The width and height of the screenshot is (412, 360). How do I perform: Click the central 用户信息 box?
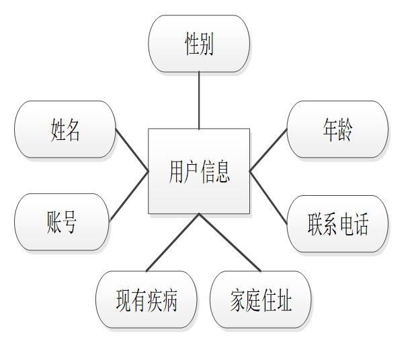click(199, 171)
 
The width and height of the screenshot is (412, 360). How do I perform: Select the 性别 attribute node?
click(199, 44)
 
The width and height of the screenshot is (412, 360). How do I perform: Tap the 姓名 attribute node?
click(65, 129)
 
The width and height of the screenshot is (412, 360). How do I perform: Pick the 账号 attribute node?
click(61, 222)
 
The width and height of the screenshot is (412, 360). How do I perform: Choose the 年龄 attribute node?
click(337, 129)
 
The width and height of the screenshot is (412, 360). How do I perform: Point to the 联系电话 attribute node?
click(337, 223)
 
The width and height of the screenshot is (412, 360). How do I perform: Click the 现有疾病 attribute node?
click(147, 300)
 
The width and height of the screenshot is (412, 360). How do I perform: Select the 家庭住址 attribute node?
click(261, 300)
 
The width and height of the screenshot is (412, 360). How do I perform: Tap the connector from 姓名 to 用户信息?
click(132, 149)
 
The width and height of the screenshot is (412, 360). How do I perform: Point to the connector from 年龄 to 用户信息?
click(268, 150)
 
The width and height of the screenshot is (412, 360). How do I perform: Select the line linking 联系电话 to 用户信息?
click(268, 196)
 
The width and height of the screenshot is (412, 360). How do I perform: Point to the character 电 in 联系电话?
click(345, 223)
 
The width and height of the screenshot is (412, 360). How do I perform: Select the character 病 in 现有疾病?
click(169, 300)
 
